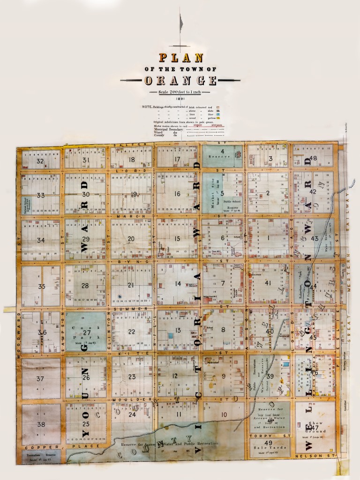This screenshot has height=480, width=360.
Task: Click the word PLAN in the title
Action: tap(181, 58)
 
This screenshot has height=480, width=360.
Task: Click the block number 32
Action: tap(40, 161)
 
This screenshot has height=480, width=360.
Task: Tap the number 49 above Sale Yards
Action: tap(269, 443)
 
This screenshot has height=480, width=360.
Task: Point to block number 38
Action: tap(41, 424)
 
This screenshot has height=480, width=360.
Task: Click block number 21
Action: tap(131, 285)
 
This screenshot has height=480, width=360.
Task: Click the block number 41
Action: tap(268, 283)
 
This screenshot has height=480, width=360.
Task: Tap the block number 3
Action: tap(271, 159)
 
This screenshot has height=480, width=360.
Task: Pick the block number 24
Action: tap(132, 414)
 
